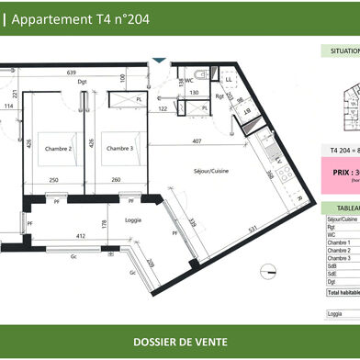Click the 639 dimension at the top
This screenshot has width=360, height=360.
(70, 73)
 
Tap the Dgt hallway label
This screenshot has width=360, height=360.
(84, 82)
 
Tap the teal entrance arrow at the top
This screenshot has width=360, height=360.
(161, 61)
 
